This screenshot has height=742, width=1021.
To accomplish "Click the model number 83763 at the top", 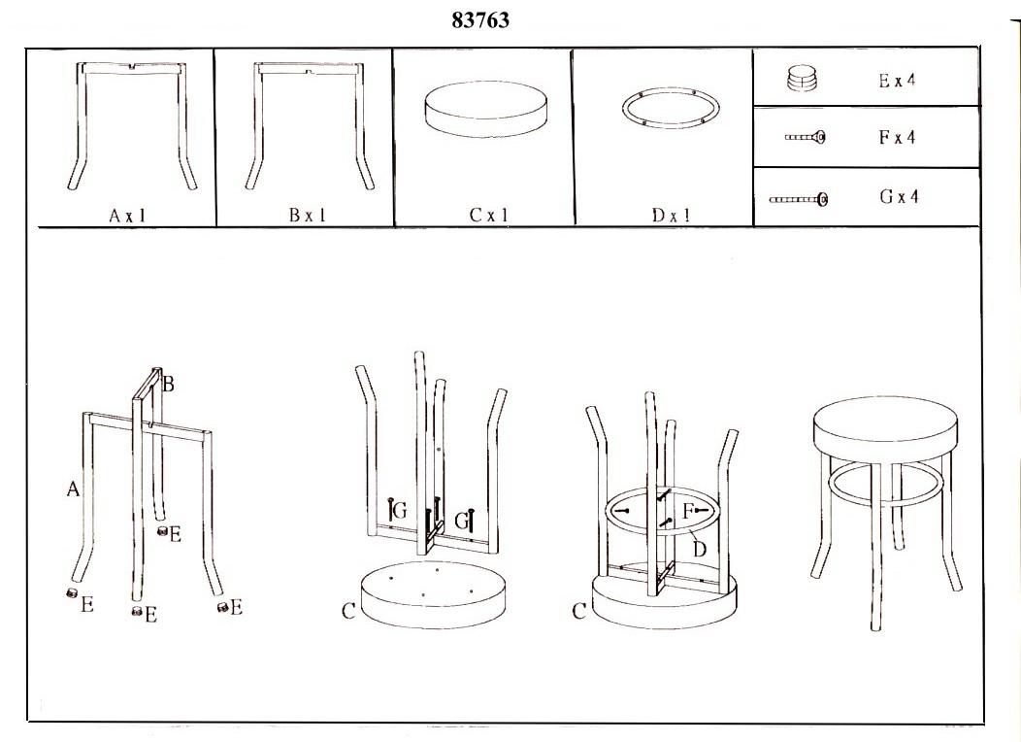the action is (480, 20).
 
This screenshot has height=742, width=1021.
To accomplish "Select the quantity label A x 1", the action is (128, 216).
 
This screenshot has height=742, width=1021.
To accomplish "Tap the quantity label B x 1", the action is (308, 215).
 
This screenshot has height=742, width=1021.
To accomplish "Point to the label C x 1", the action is (488, 215).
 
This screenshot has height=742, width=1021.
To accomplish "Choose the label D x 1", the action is (671, 215).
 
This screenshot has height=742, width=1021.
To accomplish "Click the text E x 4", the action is (897, 81).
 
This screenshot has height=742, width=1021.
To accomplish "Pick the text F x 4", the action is (897, 137).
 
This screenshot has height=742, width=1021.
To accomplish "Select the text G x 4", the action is (899, 196).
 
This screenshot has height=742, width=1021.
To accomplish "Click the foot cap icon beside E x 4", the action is (802, 79).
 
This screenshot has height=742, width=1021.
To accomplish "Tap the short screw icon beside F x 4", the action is (805, 137).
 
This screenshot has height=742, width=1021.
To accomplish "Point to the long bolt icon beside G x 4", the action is (799, 199).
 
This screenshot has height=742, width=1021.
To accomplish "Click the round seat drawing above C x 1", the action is (485, 109).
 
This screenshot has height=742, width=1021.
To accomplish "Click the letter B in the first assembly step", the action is (168, 385).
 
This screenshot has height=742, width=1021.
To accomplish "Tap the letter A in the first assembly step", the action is (73, 489).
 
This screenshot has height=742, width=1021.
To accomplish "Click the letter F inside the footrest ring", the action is (687, 511).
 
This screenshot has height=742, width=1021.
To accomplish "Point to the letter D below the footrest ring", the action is (700, 549).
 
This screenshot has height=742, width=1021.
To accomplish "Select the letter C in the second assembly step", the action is (348, 611).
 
